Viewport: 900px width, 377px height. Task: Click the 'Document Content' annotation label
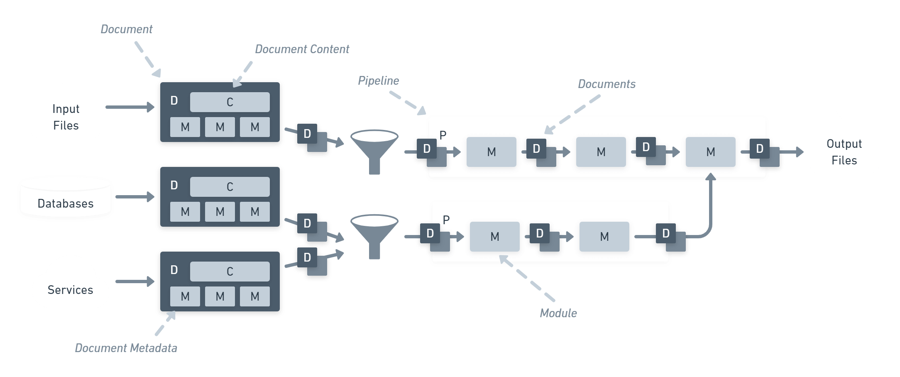tap(302, 49)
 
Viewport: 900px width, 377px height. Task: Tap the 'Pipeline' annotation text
tap(378, 81)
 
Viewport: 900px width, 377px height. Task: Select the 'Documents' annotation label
tap(607, 84)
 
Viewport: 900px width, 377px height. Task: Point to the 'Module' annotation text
tap(558, 313)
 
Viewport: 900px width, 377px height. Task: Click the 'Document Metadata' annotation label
tap(126, 348)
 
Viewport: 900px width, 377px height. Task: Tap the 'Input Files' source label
tap(66, 117)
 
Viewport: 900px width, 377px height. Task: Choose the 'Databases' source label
tap(66, 203)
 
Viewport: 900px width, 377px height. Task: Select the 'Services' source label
tap(70, 290)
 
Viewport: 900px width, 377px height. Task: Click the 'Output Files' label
tap(844, 152)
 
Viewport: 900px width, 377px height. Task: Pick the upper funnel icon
tap(374, 152)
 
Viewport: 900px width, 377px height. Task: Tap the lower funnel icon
tap(374, 237)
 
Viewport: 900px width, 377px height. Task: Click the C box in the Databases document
tap(230, 187)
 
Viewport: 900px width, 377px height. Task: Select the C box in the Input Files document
tap(230, 102)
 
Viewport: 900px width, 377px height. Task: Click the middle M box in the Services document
tap(220, 296)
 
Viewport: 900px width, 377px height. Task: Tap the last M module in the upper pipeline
tap(711, 152)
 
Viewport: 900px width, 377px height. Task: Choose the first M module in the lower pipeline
tap(495, 237)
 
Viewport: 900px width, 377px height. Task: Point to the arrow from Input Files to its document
tap(130, 107)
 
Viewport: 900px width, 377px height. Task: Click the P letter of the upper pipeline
tap(443, 135)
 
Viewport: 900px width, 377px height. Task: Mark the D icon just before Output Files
tap(765, 152)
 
